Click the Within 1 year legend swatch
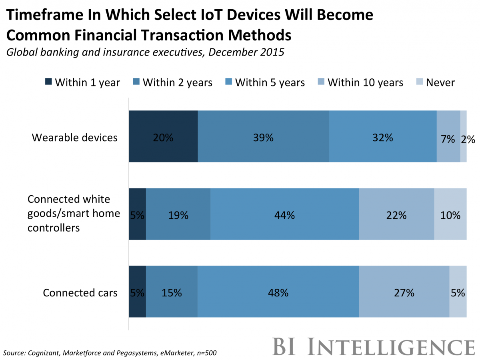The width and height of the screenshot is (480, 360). (48, 82)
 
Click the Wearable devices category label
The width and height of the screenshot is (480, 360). (75, 138)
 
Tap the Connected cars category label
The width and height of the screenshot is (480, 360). (80, 293)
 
